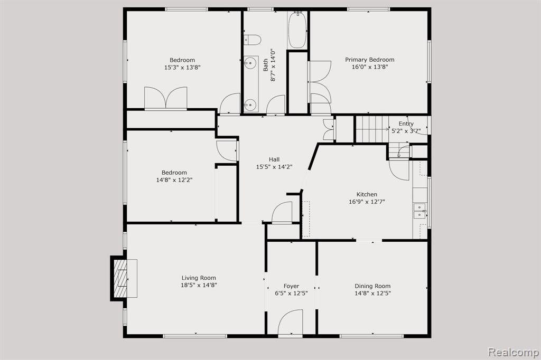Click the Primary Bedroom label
(x=369, y=60)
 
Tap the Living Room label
(x=199, y=278)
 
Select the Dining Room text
(x=372, y=286)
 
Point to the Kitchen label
(x=367, y=194)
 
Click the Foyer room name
(x=291, y=286)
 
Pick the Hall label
(x=274, y=159)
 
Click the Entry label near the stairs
(x=406, y=124)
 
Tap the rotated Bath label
(x=266, y=65)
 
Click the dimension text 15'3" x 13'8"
(x=182, y=68)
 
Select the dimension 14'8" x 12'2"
(x=174, y=180)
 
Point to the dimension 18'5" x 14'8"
(x=199, y=285)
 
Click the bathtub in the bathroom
(x=297, y=30)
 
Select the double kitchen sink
(x=420, y=211)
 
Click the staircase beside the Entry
(x=372, y=129)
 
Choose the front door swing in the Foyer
(x=290, y=322)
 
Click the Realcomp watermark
(x=513, y=352)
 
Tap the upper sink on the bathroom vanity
(x=250, y=63)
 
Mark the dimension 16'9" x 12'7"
(x=367, y=202)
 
